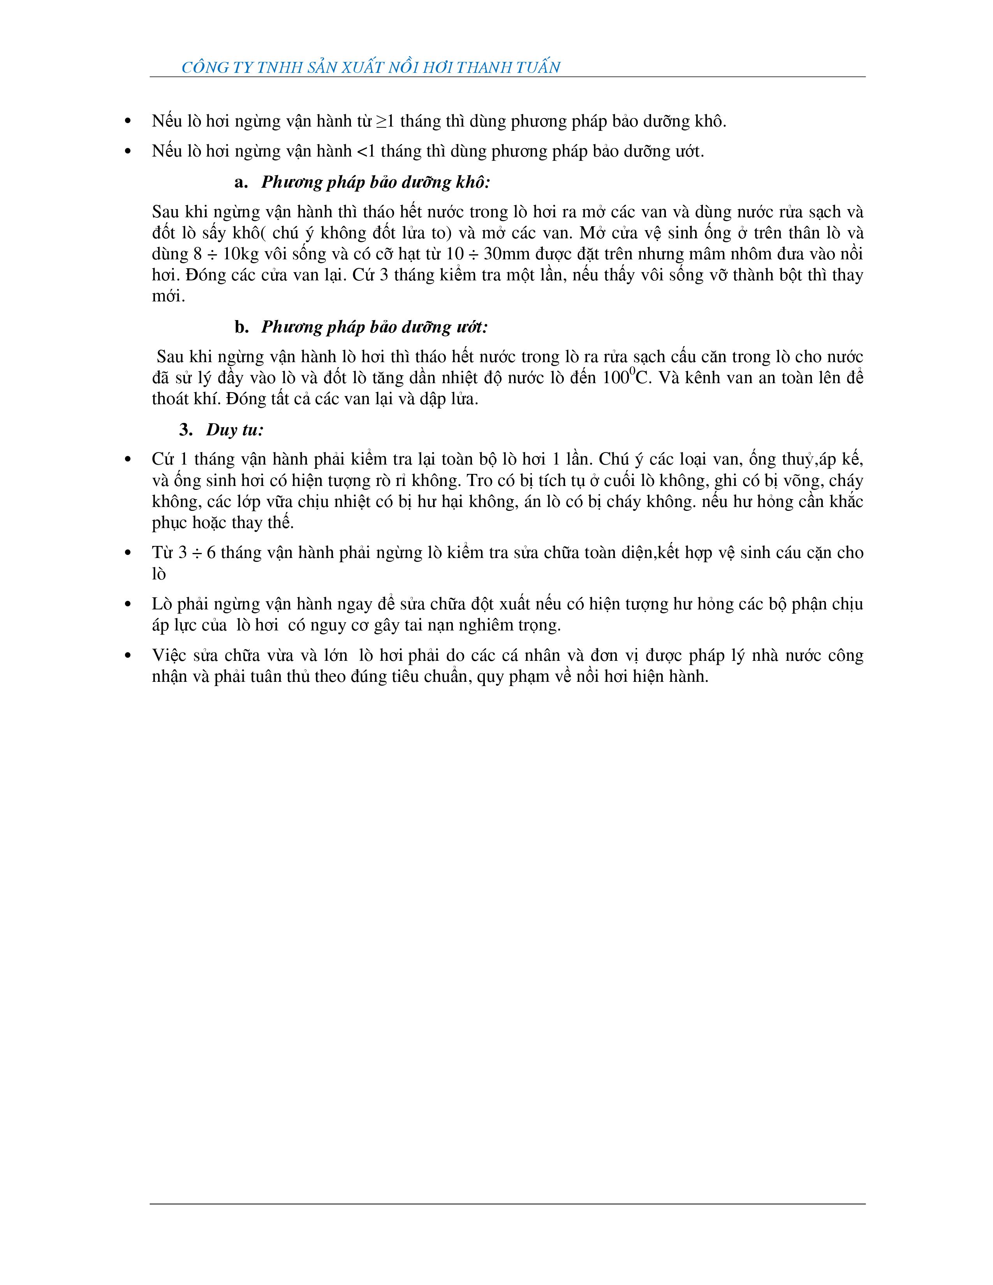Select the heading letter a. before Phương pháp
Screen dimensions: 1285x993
click(241, 182)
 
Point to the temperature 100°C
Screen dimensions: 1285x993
click(627, 377)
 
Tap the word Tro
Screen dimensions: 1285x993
click(480, 481)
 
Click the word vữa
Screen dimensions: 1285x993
click(285, 502)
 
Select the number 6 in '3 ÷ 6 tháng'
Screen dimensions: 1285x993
click(211, 553)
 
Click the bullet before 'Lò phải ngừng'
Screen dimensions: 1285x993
click(128, 604)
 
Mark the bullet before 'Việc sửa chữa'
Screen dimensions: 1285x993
click(128, 655)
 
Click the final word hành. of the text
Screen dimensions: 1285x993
click(688, 677)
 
